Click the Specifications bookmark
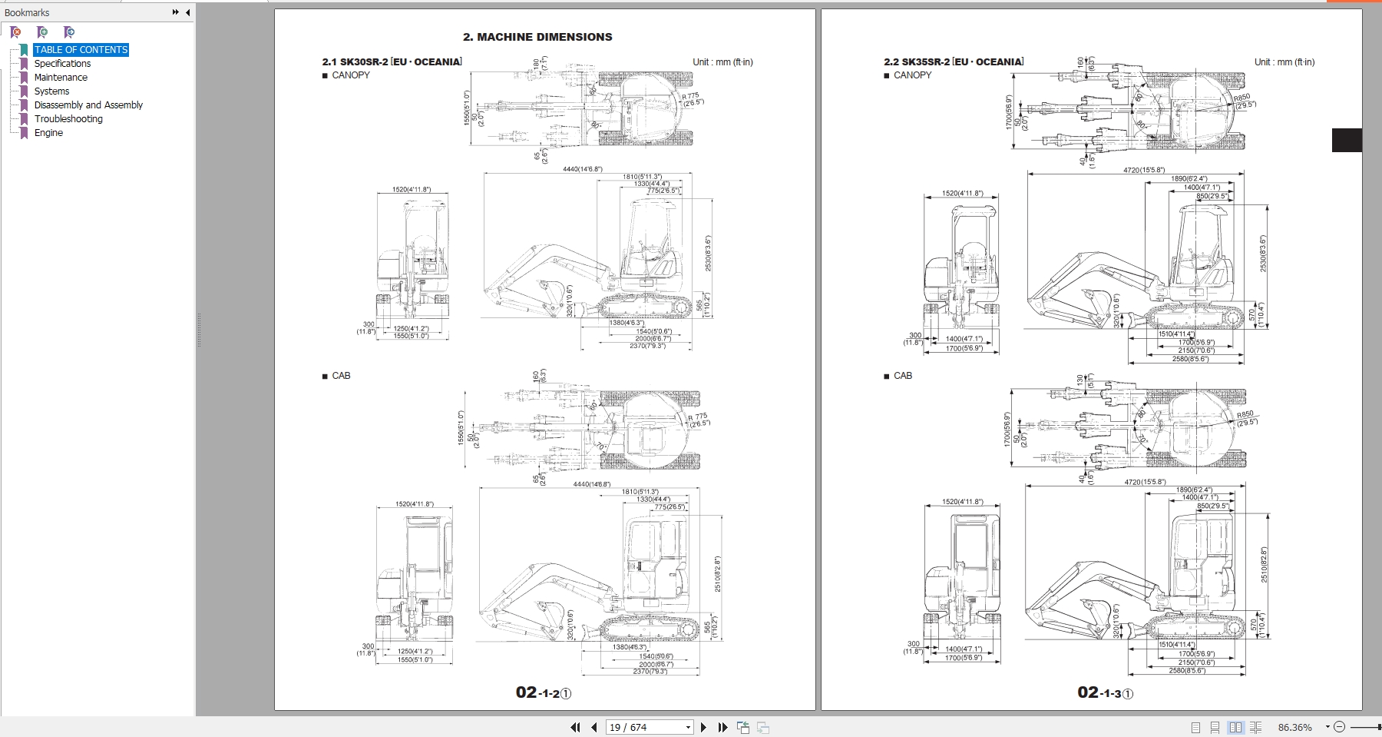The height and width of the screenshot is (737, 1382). pyautogui.click(x=62, y=64)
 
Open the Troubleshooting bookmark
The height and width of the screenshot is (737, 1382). pyautogui.click(x=68, y=119)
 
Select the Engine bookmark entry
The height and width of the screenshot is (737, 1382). pyautogui.click(x=48, y=133)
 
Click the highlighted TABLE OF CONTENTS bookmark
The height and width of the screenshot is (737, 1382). pyautogui.click(x=81, y=50)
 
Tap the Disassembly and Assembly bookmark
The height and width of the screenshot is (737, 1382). pyautogui.click(x=88, y=105)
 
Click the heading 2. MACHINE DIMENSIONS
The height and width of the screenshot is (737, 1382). pyautogui.click(x=537, y=37)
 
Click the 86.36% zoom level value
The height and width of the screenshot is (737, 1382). pyautogui.click(x=1294, y=727)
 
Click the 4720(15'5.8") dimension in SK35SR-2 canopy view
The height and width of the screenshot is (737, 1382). pyautogui.click(x=1144, y=171)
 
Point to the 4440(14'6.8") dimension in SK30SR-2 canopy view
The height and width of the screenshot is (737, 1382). pyautogui.click(x=582, y=169)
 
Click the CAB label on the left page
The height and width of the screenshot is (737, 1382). pyautogui.click(x=341, y=376)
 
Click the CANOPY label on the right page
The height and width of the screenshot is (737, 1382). pyautogui.click(x=912, y=75)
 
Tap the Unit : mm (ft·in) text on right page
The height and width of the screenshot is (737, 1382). pyautogui.click(x=1284, y=62)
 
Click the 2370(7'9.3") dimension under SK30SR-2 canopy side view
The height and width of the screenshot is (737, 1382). pyautogui.click(x=648, y=346)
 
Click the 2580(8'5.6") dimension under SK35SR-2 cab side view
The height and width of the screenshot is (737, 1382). pyautogui.click(x=1187, y=671)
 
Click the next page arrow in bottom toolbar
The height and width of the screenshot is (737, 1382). pyautogui.click(x=703, y=727)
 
